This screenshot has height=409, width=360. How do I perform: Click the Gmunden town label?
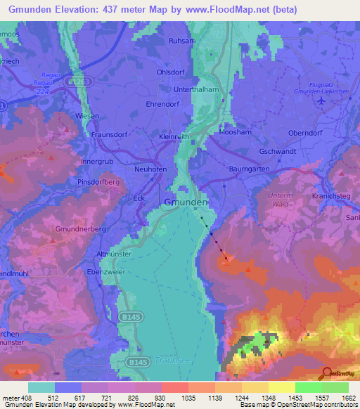click(186, 201)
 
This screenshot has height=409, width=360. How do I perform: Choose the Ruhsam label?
click(181, 41)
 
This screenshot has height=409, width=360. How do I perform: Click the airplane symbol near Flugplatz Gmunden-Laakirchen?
click(322, 100)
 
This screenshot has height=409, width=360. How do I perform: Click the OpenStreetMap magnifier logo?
click(327, 372)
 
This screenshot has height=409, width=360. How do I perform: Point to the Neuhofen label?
click(150, 169)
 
